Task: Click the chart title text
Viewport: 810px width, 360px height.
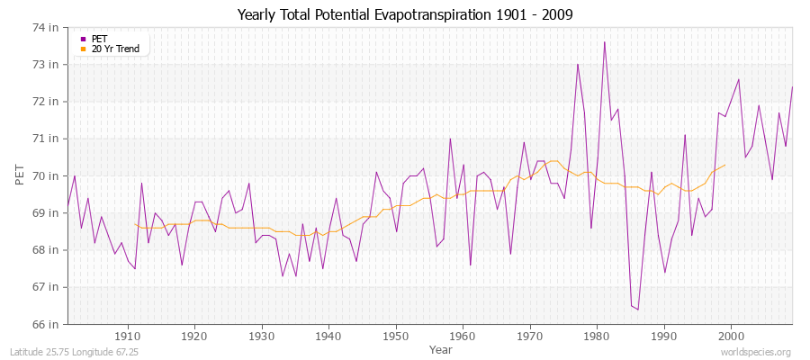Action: coord(405,14)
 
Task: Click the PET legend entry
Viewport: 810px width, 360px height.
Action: coord(100,39)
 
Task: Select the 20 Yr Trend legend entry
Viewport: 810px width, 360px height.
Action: coord(116,49)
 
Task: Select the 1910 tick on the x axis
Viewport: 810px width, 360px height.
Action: coord(127,337)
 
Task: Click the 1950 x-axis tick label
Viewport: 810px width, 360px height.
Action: coord(395,337)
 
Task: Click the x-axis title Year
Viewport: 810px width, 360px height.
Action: coord(441,349)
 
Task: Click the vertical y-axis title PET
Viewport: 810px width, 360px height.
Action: coord(21,175)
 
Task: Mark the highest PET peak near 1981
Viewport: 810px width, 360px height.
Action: coord(604,42)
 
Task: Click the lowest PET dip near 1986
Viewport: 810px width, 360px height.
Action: coord(638,310)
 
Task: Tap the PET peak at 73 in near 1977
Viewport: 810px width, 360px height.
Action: coord(578,64)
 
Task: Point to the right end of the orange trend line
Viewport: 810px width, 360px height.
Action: coord(725,165)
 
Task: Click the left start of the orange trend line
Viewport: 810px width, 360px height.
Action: coord(134,224)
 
